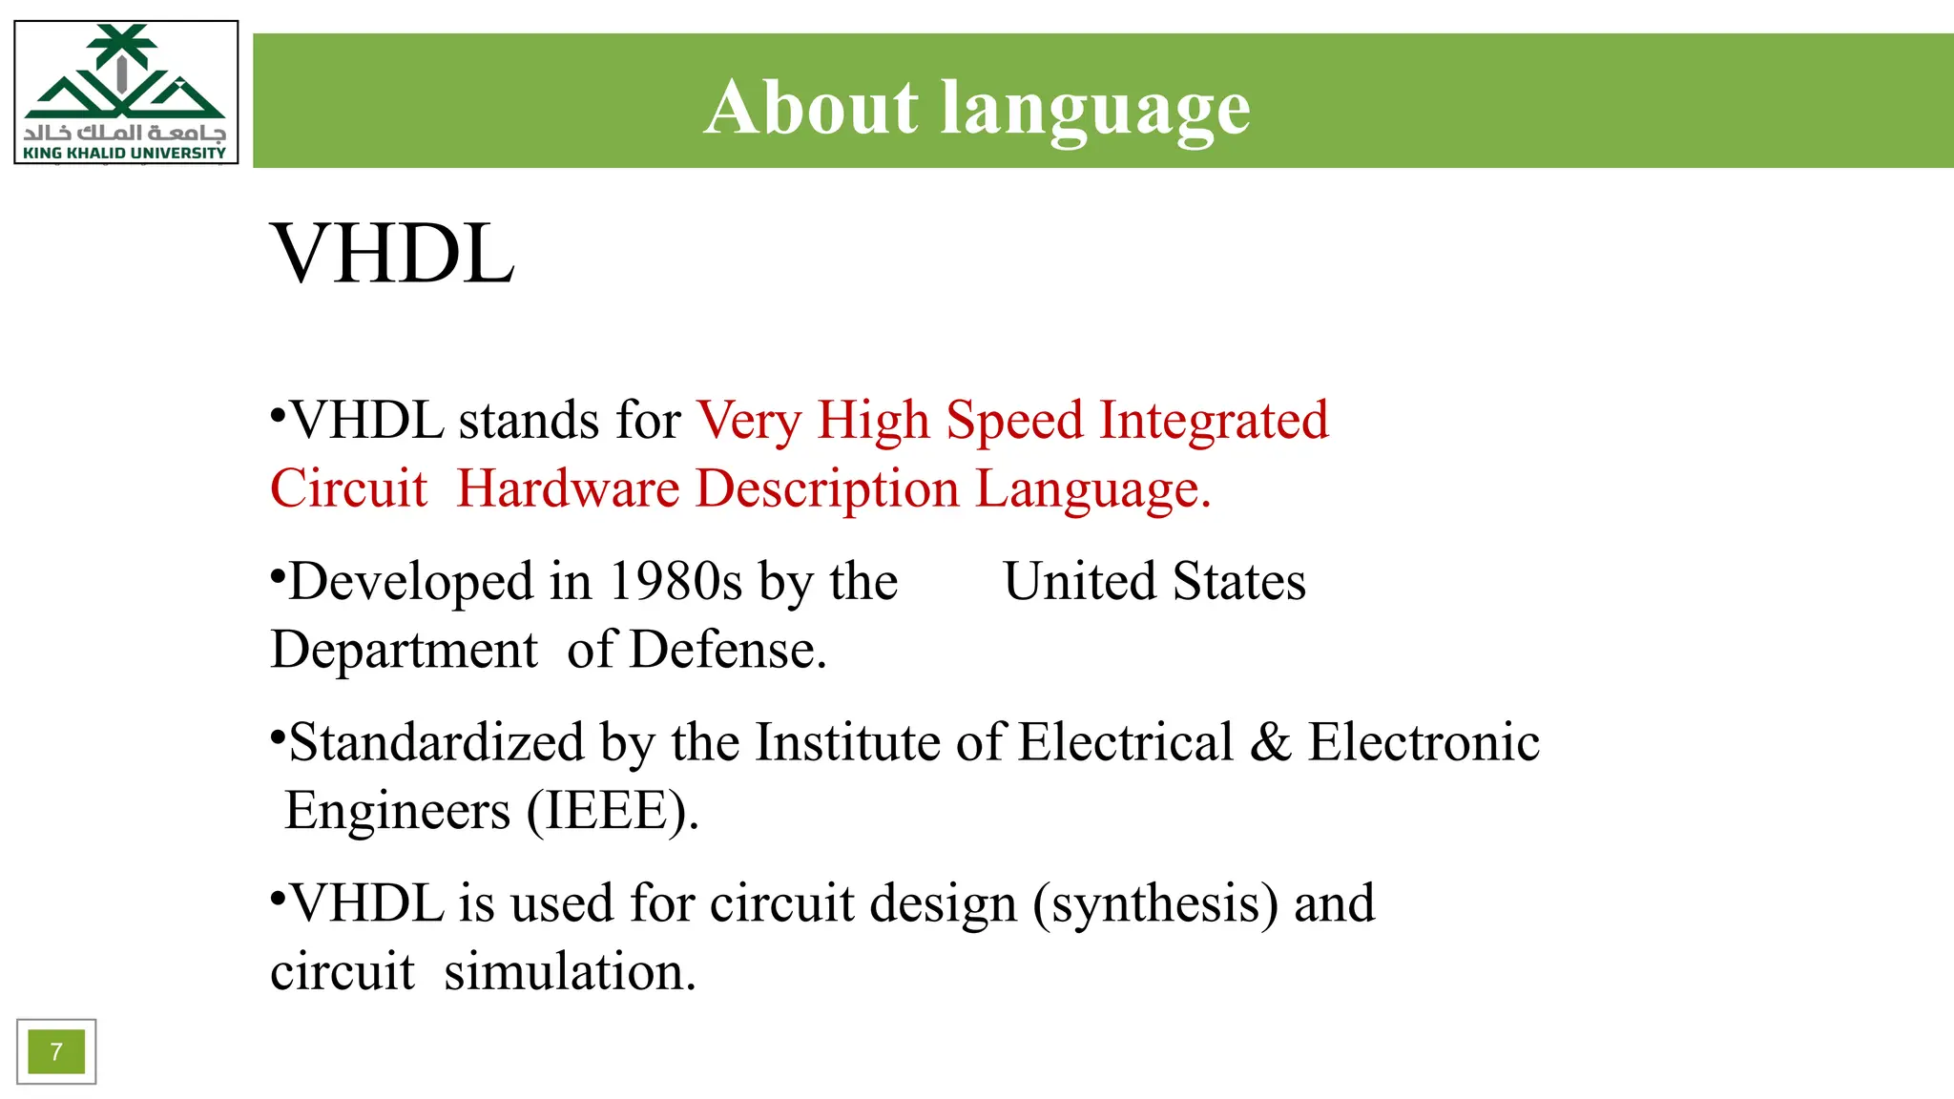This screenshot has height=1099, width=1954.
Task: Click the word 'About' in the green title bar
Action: click(x=811, y=107)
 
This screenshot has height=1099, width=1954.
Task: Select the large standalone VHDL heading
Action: click(x=392, y=254)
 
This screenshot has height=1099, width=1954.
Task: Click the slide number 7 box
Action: click(x=56, y=1051)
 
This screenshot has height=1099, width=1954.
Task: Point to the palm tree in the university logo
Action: click(x=122, y=48)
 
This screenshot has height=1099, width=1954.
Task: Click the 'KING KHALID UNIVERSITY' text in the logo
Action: click(x=125, y=153)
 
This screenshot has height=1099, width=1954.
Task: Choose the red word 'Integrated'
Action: click(x=1214, y=421)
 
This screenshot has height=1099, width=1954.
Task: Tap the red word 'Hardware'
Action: click(x=568, y=488)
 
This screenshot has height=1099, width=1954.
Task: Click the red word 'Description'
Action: click(x=827, y=488)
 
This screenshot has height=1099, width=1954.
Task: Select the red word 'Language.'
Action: click(x=1092, y=488)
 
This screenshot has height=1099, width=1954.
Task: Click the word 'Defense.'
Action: click(x=727, y=650)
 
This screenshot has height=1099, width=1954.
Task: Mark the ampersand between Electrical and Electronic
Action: click(x=1270, y=742)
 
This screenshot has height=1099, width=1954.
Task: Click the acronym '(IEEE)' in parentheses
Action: click(x=612, y=811)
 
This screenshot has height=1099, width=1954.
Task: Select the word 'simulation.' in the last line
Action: click(x=570, y=972)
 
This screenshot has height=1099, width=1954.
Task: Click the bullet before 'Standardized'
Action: click(x=278, y=736)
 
